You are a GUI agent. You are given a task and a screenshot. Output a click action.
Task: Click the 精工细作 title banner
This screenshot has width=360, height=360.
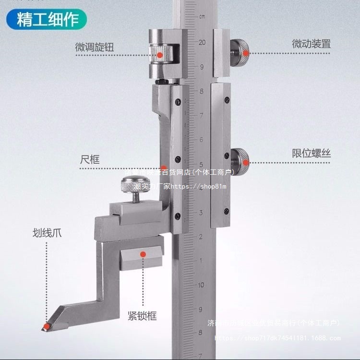click(x=46, y=20)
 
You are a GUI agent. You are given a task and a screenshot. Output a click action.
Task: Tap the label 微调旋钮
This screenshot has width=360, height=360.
click(x=95, y=48)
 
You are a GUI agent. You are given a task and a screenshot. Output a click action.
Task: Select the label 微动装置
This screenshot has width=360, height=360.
click(x=311, y=44)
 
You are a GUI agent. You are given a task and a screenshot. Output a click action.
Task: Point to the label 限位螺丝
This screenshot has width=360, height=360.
click(x=311, y=154)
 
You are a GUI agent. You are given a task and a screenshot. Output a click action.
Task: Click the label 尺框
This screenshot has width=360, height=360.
click(x=90, y=159)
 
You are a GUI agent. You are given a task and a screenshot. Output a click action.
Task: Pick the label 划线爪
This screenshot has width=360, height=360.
click(x=47, y=234)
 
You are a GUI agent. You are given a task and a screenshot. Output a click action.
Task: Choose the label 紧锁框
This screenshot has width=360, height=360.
click(x=142, y=316)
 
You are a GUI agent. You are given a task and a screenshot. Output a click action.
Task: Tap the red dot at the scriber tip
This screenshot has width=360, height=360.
click(x=45, y=327)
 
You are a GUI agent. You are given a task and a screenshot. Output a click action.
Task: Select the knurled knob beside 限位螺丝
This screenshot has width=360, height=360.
click(x=240, y=157)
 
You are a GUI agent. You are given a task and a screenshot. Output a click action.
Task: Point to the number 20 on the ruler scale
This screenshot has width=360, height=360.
click(x=202, y=42)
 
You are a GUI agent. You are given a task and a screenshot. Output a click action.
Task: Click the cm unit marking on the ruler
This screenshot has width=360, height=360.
click(x=202, y=17)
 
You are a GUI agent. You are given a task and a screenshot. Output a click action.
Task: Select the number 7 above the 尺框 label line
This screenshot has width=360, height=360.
click(x=202, y=115)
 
